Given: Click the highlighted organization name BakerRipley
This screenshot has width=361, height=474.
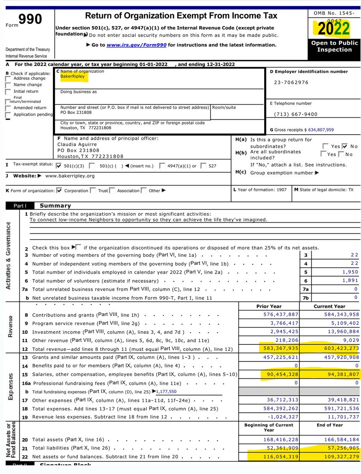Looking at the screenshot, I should click(72, 76).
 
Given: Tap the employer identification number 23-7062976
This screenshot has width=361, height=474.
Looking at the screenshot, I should click(291, 83).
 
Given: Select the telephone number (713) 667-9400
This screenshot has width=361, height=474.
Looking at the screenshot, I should click(295, 114).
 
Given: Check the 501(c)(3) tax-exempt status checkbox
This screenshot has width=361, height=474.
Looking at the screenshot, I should click(60, 166).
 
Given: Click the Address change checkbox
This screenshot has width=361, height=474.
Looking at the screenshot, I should click(8, 79).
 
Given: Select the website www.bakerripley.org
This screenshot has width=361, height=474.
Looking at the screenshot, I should click(70, 176).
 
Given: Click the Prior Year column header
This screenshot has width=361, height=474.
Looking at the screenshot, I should click(269, 306).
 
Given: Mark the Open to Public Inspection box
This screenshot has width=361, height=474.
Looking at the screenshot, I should click(334, 46).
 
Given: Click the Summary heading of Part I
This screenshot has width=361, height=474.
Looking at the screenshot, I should click(55, 205).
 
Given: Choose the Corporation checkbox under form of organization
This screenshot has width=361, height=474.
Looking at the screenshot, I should click(59, 190).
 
